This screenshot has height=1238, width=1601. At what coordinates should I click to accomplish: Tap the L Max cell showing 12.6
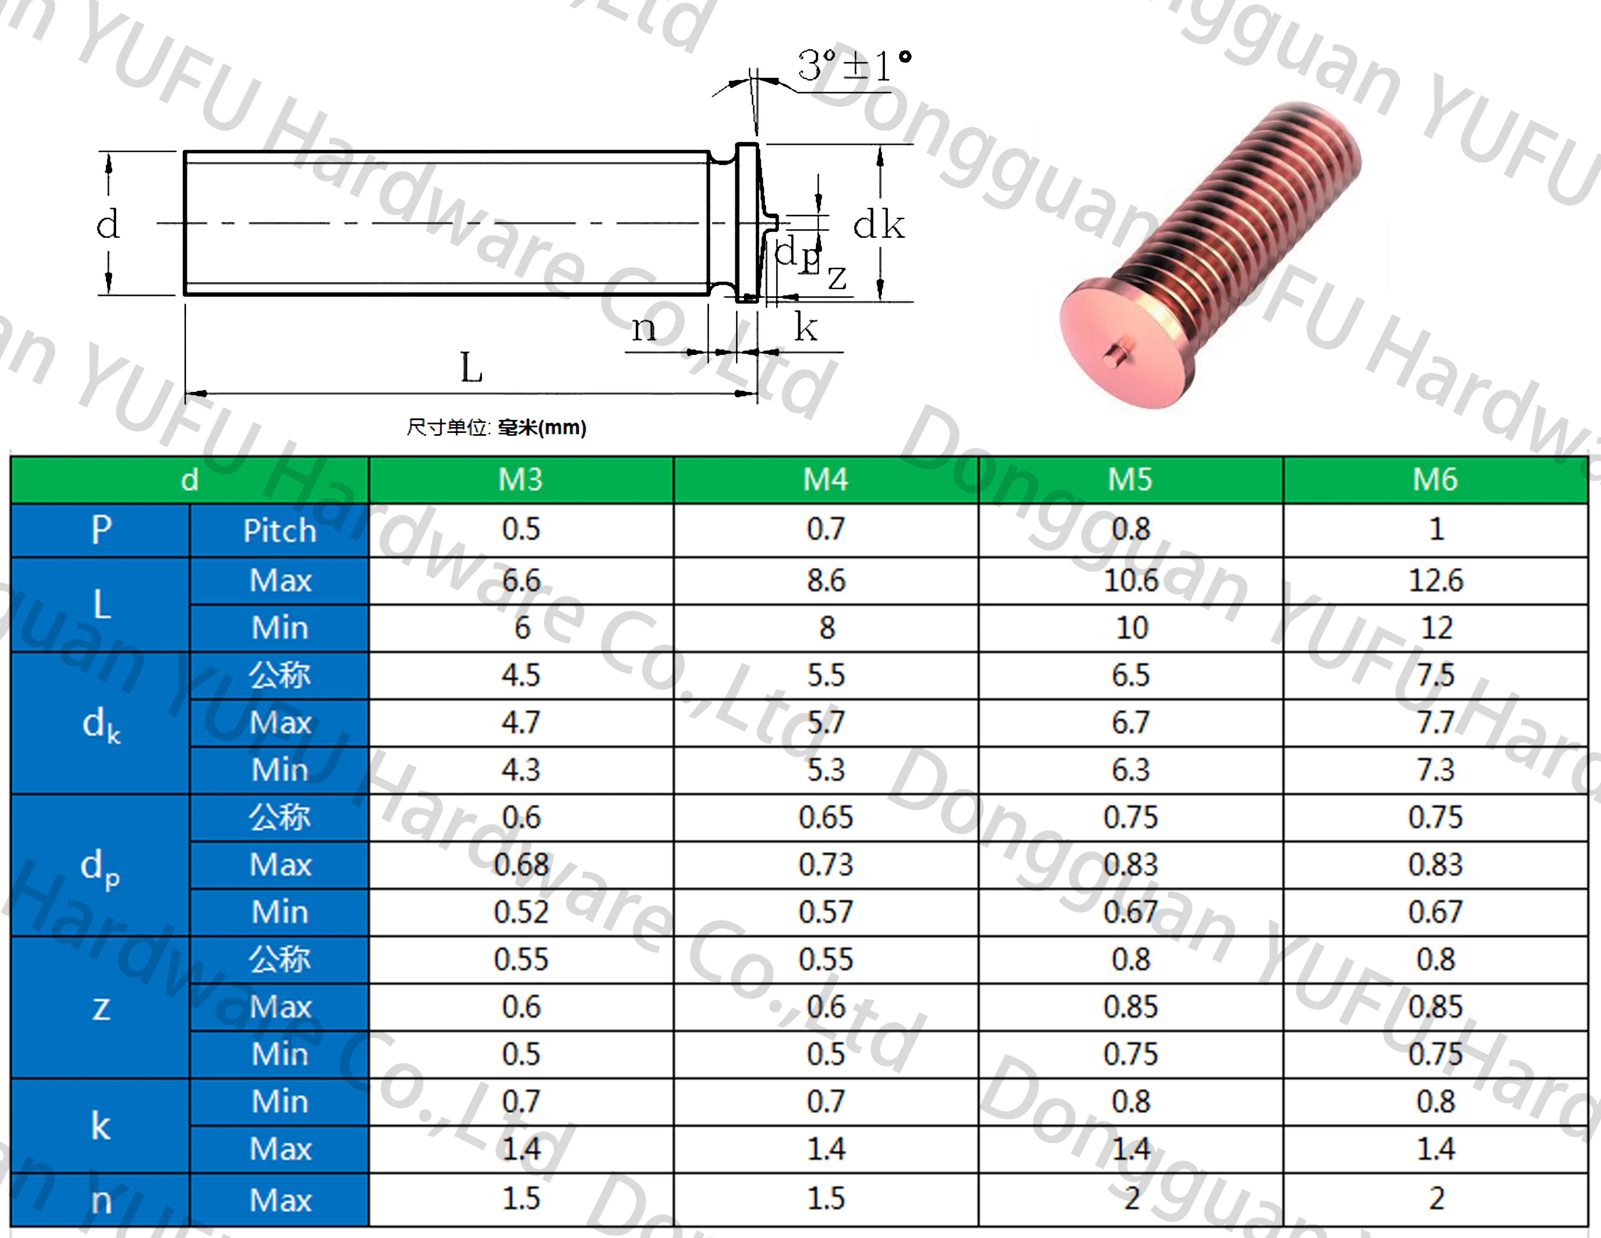click(1435, 581)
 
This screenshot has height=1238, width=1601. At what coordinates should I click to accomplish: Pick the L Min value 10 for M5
click(1131, 628)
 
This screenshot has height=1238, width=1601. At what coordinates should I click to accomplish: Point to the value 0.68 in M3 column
click(520, 865)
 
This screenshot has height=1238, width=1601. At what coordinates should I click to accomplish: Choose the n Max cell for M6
click(1435, 1198)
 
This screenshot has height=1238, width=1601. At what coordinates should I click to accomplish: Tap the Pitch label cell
click(279, 530)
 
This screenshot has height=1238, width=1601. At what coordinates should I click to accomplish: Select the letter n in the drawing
click(644, 327)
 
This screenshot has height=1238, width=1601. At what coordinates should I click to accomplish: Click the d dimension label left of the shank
click(107, 224)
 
